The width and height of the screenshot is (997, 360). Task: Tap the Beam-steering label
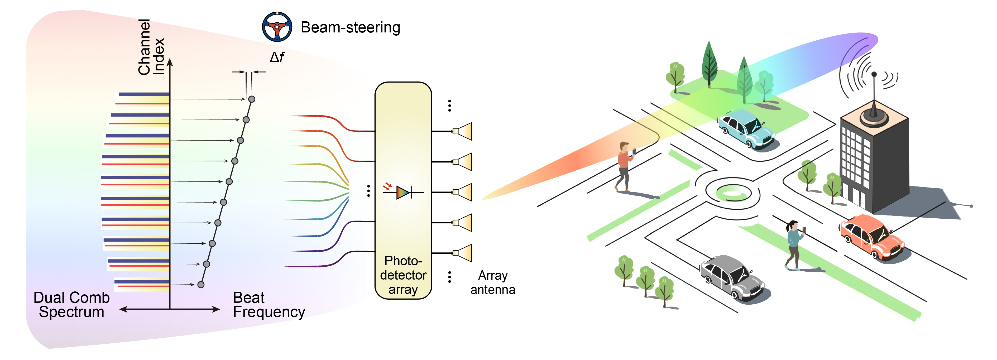pyautogui.click(x=350, y=27)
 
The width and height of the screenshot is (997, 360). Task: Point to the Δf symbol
pyautogui.click(x=277, y=57)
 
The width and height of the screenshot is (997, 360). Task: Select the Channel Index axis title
pyautogui.click(x=151, y=47)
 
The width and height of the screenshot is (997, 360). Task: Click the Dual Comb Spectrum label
pyautogui.click(x=71, y=305)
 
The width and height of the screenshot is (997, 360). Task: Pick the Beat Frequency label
pyautogui.click(x=269, y=305)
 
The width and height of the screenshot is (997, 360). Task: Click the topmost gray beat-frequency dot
pyautogui.click(x=252, y=99)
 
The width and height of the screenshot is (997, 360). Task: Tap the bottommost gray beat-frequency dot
pyautogui.click(x=201, y=285)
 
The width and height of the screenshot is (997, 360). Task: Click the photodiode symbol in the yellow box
pyautogui.click(x=403, y=192)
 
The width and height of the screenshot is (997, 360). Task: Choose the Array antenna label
pyautogui.click(x=493, y=282)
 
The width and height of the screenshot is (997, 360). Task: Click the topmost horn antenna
pyautogui.click(x=463, y=131)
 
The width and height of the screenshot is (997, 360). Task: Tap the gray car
pyautogui.click(x=731, y=277)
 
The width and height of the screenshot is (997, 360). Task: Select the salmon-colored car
pyautogui.click(x=871, y=236)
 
